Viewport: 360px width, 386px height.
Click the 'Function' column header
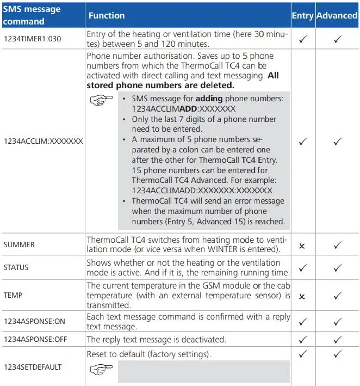[107, 16]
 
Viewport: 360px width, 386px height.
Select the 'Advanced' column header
[337, 16]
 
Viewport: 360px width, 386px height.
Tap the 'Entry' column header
[302, 16]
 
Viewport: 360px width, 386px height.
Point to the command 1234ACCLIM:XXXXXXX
[43, 141]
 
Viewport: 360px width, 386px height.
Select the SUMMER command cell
[19, 245]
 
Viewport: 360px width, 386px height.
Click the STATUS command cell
[16, 268]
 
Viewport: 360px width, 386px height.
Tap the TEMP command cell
[13, 295]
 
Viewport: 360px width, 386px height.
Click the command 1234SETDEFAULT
[33, 367]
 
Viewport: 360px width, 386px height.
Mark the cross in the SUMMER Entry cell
[302, 246]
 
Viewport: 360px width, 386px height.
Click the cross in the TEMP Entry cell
[302, 296]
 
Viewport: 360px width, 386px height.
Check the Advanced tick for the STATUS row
[337, 268]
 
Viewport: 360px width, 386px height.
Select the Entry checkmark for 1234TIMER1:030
[303, 39]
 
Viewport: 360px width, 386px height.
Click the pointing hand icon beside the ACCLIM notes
[101, 100]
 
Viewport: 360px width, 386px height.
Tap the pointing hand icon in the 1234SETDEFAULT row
[101, 370]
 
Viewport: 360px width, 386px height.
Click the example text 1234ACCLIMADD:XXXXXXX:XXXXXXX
[202, 191]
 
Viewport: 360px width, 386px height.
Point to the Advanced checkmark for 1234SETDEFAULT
[337, 354]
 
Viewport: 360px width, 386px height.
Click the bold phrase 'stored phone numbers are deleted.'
[160, 85]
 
